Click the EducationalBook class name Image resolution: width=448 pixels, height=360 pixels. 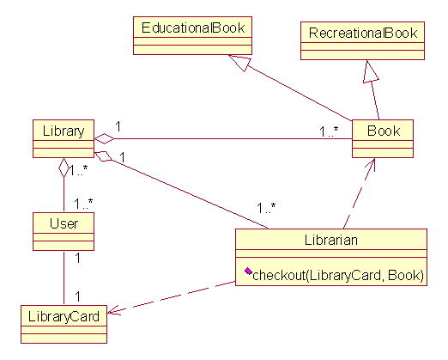(193, 27)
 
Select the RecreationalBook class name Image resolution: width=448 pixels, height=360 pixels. (363, 33)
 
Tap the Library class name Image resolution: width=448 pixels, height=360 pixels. (64, 131)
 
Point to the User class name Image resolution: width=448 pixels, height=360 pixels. (64, 223)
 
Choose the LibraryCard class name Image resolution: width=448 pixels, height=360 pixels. (64, 316)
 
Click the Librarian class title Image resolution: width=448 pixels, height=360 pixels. (331, 240)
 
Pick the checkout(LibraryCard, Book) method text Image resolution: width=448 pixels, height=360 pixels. (338, 275)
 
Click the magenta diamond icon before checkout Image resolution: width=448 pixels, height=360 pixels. (248, 271)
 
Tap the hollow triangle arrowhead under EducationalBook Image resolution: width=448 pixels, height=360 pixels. (240, 63)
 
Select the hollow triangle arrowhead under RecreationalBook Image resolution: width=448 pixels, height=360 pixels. (370, 71)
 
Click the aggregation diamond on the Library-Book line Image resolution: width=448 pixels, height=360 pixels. (104, 139)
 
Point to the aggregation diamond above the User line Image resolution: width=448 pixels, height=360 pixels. (64, 168)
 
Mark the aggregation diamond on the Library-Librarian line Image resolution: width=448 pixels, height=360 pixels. (103, 156)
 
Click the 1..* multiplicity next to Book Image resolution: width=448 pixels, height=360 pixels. (329, 131)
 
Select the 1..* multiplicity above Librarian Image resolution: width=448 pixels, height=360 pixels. (266, 208)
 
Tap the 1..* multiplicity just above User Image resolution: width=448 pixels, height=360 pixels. (83, 204)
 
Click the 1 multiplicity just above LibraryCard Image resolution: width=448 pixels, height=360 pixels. (77, 296)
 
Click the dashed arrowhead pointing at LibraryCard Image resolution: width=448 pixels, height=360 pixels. (114, 310)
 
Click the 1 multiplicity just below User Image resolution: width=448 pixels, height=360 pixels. (77, 259)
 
